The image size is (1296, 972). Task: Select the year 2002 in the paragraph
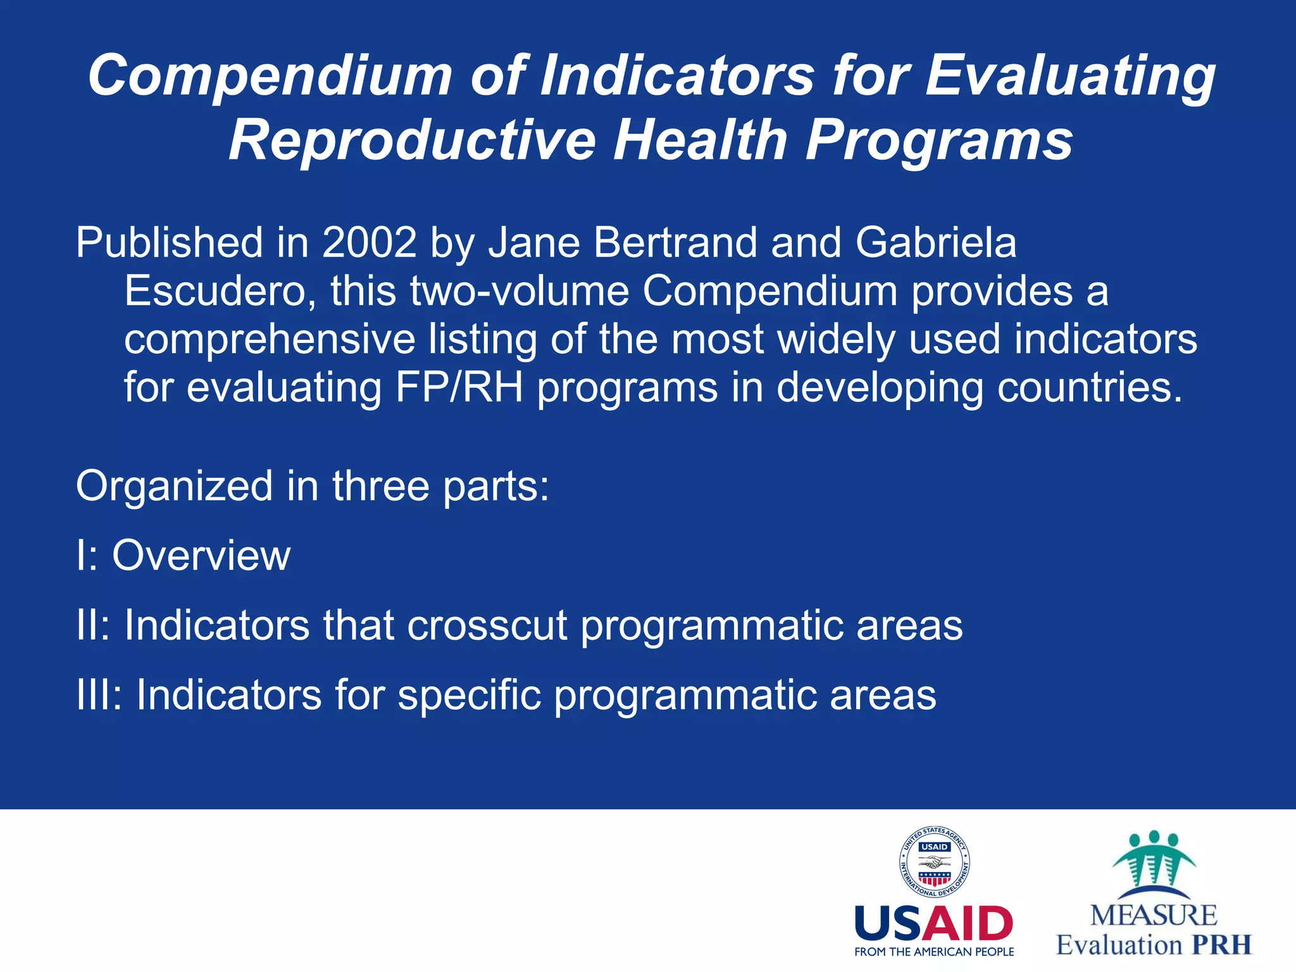click(370, 243)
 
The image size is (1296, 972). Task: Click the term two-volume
click(519, 291)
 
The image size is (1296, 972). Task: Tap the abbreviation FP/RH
click(459, 387)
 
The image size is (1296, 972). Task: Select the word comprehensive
click(269, 340)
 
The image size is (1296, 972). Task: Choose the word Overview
click(201, 556)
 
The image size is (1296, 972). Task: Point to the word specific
click(469, 695)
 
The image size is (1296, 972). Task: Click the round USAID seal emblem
click(935, 862)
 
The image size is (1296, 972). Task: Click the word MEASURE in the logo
click(1154, 915)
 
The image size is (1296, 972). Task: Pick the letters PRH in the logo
click(1221, 945)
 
